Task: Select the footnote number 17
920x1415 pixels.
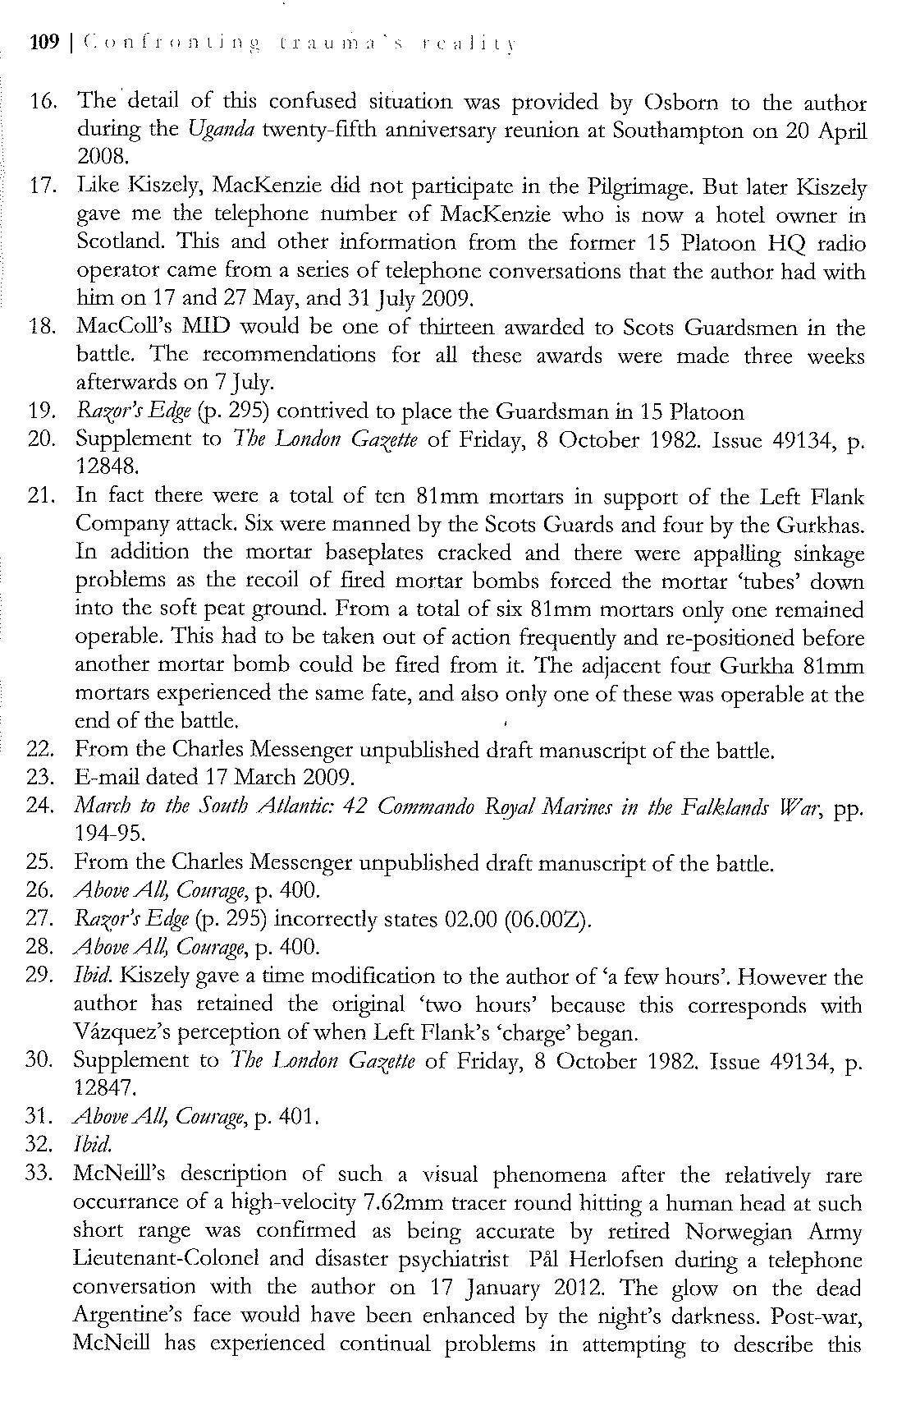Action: tap(42, 186)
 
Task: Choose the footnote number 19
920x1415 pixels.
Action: tap(42, 411)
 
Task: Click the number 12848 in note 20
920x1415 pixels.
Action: tap(103, 466)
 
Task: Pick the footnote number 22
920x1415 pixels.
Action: tap(41, 749)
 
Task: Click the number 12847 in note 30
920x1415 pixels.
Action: tap(102, 1087)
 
